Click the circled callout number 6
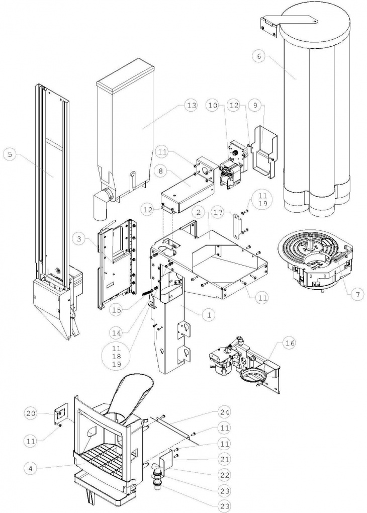coord(258,56)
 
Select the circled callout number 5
coord(9,154)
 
